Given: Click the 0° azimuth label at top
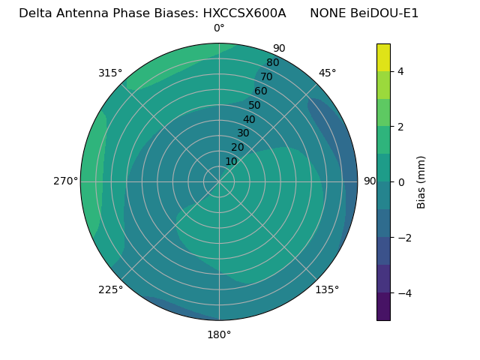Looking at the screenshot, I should (x=219, y=28).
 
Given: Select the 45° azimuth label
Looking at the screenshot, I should (x=327, y=73).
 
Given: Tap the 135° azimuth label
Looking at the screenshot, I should (x=327, y=289).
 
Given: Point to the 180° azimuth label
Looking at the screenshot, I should (x=219, y=334).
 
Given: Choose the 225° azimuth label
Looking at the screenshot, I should (x=110, y=289).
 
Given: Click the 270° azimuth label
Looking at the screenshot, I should (x=65, y=181).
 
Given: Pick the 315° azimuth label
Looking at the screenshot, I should (x=110, y=73).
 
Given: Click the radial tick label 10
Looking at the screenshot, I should (x=231, y=161).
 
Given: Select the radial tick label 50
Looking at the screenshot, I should (x=254, y=106).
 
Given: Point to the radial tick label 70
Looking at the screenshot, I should (x=266, y=77).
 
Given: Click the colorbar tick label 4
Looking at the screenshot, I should (x=400, y=71).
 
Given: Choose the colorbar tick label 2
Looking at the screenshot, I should (x=400, y=127).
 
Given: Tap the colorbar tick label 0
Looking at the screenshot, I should (x=400, y=181).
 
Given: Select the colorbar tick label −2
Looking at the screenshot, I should (x=403, y=238).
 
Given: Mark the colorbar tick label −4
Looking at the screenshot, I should (x=403, y=293).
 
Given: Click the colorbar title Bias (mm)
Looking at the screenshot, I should (x=421, y=181).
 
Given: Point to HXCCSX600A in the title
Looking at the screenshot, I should (x=244, y=13).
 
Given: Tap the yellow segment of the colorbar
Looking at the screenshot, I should (x=383, y=57).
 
